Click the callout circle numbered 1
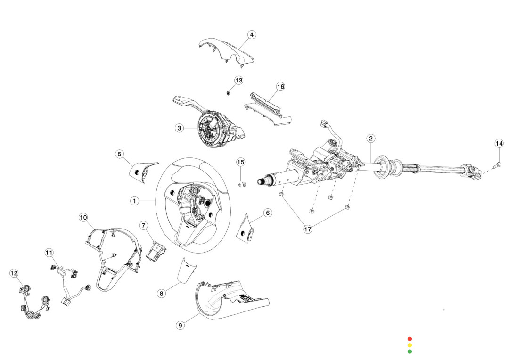[134, 201]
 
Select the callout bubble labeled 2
[371, 138]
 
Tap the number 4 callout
[252, 34]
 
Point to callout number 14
[499, 143]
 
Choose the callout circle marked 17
[308, 229]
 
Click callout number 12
[14, 273]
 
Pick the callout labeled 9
[181, 325]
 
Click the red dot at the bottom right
[410, 339]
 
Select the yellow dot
[410, 345]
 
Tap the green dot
[410, 351]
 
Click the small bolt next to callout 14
[498, 164]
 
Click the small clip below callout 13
[228, 93]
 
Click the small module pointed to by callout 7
[156, 252]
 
